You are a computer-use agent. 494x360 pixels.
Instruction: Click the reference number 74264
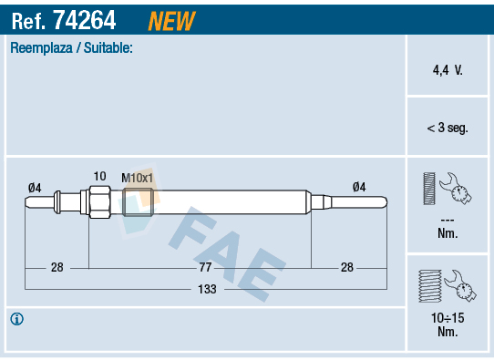85,20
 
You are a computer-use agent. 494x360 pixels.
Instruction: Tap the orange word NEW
171,21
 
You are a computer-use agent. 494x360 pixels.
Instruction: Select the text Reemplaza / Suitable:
71,48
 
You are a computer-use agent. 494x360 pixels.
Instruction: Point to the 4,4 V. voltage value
448,70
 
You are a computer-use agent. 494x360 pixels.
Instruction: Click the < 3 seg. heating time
448,128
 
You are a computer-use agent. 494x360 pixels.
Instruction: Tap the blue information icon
16,319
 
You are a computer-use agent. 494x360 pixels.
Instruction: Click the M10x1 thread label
137,178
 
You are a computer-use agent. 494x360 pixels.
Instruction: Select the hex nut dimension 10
100,177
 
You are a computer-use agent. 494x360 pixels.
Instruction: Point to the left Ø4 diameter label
35,188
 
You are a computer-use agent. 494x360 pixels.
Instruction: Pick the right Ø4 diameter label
359,187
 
